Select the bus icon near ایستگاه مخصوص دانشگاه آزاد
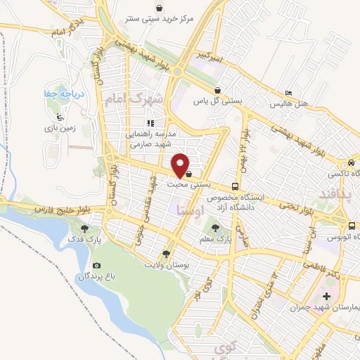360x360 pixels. pos(235,187)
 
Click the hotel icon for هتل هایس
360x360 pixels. pos(289,94)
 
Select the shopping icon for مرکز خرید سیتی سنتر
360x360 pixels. pos(161,8)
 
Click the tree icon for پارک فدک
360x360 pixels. pos(84,228)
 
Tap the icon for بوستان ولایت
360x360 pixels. pos(167,254)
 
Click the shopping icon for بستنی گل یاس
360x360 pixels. pos(219,90)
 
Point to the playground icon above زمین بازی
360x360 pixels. pos(60,117)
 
